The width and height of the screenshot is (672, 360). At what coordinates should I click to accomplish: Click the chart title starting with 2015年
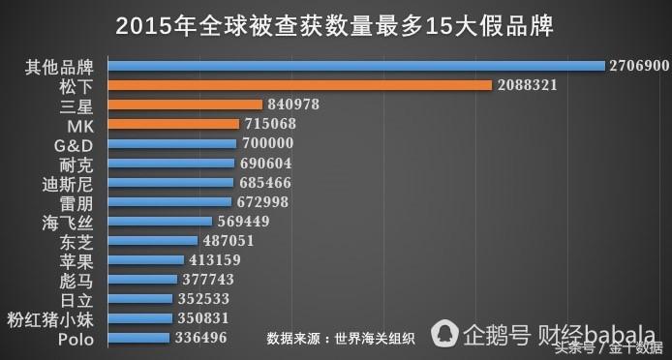point(336,25)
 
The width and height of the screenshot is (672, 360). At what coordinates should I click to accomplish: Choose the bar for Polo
point(139,338)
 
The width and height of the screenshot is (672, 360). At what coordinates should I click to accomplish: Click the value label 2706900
point(638,66)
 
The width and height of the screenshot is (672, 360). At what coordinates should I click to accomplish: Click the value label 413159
point(213,260)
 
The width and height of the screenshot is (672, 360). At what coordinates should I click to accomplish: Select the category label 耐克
point(75,164)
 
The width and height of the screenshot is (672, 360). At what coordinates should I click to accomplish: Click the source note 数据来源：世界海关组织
point(342,339)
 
